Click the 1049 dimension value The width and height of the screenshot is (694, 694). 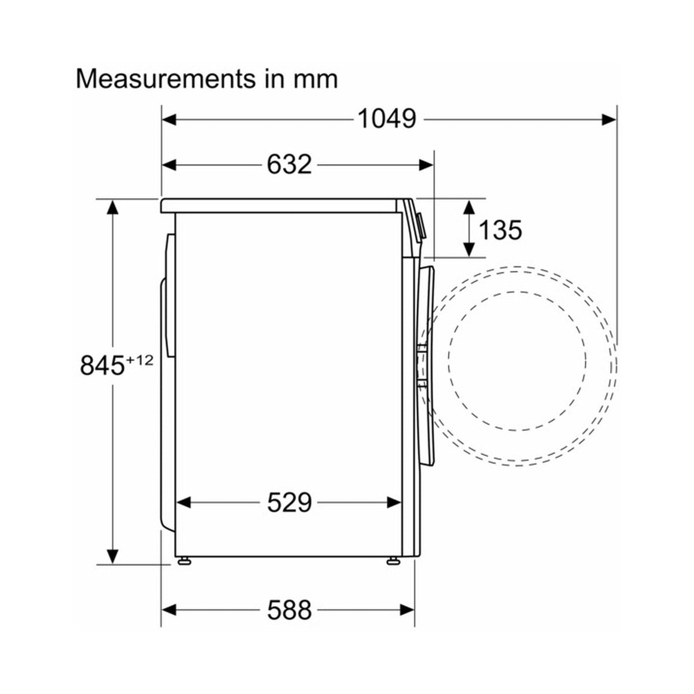click(387, 119)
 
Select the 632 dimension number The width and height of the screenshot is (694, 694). click(289, 165)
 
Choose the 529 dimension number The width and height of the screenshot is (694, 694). click(289, 503)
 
